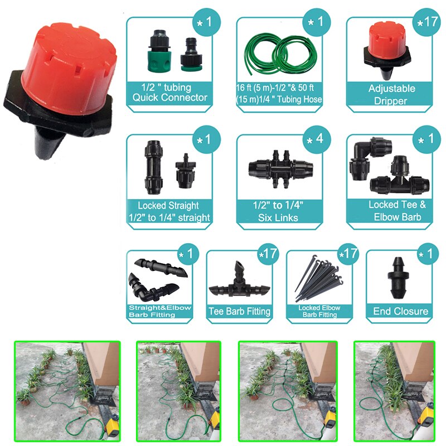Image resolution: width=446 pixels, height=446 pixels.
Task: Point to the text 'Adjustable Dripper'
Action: click(x=391, y=95)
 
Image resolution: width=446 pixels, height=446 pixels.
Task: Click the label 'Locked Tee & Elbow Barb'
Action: click(x=391, y=211)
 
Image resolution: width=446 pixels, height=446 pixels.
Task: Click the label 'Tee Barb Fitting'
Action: click(x=239, y=312)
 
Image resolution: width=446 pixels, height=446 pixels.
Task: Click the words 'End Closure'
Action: click(x=400, y=311)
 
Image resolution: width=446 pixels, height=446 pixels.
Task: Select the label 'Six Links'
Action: click(x=279, y=217)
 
